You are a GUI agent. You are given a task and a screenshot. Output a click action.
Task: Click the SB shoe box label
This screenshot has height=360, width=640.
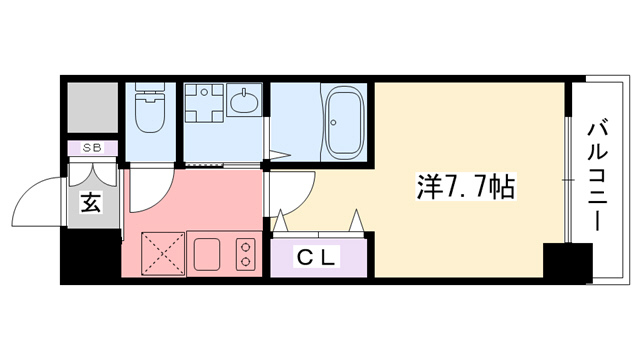pyautogui.click(x=92, y=148)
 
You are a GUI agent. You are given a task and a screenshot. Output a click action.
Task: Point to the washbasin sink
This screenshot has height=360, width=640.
pyautogui.click(x=243, y=101)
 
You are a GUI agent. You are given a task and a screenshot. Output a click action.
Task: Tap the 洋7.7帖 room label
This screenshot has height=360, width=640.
pyautogui.click(x=465, y=186)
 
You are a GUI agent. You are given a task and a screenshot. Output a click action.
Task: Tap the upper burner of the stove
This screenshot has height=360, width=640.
pyautogui.click(x=244, y=244)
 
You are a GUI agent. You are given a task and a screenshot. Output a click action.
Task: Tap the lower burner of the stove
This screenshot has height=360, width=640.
pyautogui.click(x=244, y=262)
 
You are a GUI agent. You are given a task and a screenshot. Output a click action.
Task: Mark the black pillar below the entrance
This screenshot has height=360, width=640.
pyautogui.click(x=90, y=257)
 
